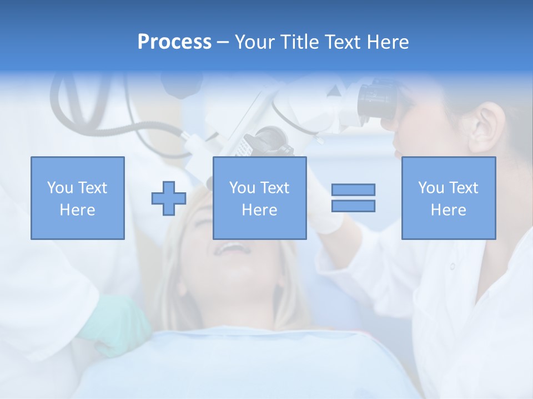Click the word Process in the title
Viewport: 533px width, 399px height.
coord(174,42)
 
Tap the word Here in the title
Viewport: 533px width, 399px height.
coord(386,42)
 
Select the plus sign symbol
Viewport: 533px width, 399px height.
coord(169,198)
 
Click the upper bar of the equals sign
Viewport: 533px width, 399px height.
coord(353,190)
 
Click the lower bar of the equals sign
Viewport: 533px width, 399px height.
coord(353,206)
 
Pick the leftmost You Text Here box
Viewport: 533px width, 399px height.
coord(78,198)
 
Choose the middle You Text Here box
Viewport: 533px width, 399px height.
coord(259,198)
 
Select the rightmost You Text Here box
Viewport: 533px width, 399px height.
coord(449,198)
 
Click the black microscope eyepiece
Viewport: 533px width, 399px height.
coord(378,100)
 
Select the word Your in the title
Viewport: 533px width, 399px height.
coord(256,42)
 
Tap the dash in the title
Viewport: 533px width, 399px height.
coord(223,42)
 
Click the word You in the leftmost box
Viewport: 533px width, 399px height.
coord(59,188)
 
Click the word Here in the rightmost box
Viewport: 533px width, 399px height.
coord(449,210)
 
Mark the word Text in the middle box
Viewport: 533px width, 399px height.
coord(274,188)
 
